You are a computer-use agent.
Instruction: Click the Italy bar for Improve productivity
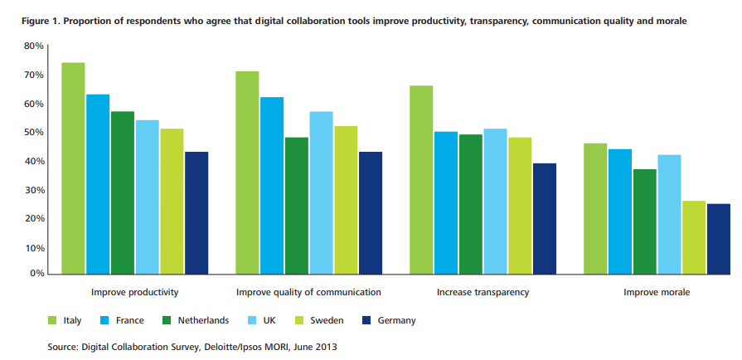click(x=73, y=168)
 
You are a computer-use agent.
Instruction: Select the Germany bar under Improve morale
click(x=719, y=239)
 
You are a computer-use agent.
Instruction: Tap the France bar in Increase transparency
click(x=445, y=202)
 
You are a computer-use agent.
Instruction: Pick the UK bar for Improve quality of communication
click(x=321, y=192)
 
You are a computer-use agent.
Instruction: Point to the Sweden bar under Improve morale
click(x=694, y=237)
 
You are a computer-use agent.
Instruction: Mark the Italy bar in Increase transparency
click(x=421, y=179)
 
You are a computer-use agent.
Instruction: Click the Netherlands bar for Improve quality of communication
click(x=296, y=206)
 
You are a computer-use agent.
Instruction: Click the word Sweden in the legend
click(x=329, y=320)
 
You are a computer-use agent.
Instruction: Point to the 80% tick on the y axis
click(x=33, y=46)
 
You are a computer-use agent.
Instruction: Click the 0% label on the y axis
click(x=36, y=273)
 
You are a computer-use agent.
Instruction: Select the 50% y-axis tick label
click(x=33, y=133)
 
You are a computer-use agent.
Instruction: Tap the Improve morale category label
click(x=657, y=293)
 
